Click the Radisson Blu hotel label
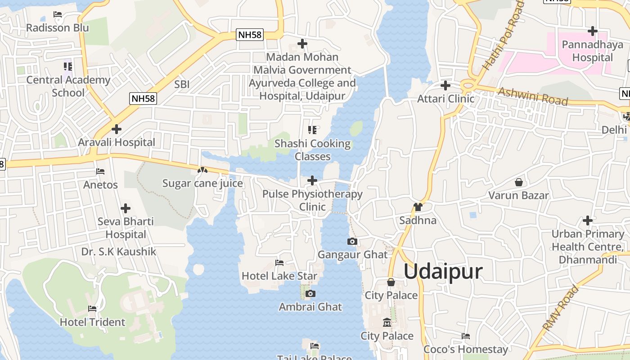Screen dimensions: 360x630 tap(58, 28)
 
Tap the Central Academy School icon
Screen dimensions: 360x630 tap(68, 67)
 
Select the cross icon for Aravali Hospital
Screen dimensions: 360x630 tap(117, 129)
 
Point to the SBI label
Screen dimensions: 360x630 tap(182, 84)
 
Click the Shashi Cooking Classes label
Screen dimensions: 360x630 tap(313, 150)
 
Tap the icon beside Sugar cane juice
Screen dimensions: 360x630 tap(202, 171)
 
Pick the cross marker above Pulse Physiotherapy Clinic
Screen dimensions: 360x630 tap(312, 180)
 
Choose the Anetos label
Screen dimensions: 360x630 tap(100, 184)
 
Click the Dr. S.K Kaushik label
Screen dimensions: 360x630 tap(119, 252)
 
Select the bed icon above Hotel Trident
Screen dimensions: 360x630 tap(92, 309)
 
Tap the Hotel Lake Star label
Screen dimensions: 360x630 tap(279, 276)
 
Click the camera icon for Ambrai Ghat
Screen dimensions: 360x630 tap(310, 294)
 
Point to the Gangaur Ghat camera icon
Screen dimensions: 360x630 tap(352, 242)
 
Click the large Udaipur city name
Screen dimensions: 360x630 tap(443, 272)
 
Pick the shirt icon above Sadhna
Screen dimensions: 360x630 tap(418, 207)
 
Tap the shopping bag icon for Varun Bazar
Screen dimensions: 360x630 tap(519, 182)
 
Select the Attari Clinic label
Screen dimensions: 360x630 tap(446, 99)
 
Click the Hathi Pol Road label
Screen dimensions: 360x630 tap(503, 36)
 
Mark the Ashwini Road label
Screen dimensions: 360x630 tap(533, 95)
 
